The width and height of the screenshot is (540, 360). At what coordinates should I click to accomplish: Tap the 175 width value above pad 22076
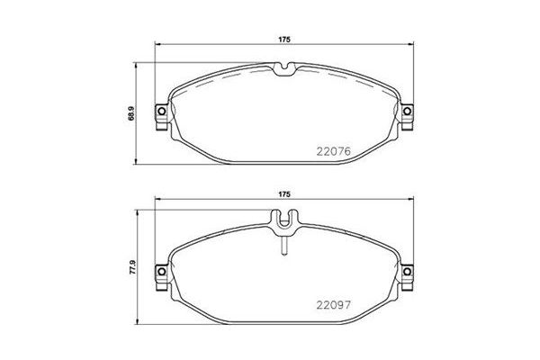283,39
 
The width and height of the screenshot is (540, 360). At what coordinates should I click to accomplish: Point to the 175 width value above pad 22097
283,194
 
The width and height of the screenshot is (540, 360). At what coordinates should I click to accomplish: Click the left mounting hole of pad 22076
161,112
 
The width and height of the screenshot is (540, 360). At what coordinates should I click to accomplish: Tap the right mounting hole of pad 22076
407,112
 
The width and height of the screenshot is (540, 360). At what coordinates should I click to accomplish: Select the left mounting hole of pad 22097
161,268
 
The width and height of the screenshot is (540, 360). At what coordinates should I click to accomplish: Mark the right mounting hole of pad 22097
407,268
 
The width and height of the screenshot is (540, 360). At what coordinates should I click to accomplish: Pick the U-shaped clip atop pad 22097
283,219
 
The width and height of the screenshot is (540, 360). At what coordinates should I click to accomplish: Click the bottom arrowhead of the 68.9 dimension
139,162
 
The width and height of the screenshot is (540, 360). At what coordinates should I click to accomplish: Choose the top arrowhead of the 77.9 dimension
139,213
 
